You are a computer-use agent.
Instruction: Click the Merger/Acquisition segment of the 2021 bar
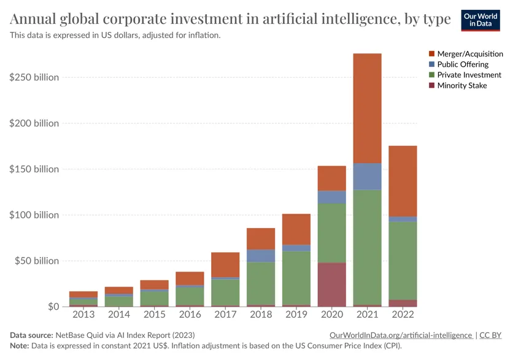[x=367, y=108]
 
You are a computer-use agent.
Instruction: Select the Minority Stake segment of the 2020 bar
[x=331, y=285]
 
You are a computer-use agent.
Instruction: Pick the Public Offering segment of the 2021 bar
[x=367, y=177]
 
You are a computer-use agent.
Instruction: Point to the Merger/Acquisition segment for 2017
[x=225, y=264]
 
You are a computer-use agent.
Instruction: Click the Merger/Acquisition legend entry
[x=470, y=54]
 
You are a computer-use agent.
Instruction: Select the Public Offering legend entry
[x=463, y=64]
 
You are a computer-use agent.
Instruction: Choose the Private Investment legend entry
[x=469, y=75]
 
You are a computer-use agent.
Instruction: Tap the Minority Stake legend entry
[x=462, y=85]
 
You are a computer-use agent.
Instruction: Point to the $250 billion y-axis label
[x=34, y=77]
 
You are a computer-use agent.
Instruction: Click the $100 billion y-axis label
[x=34, y=215]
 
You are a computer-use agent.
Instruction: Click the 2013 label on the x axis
[x=83, y=315]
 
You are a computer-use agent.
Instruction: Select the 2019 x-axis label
[x=296, y=315]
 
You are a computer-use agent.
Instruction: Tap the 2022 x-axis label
[x=403, y=315]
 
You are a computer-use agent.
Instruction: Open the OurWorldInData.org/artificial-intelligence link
[x=401, y=335]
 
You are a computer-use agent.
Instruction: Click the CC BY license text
[x=490, y=335]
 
